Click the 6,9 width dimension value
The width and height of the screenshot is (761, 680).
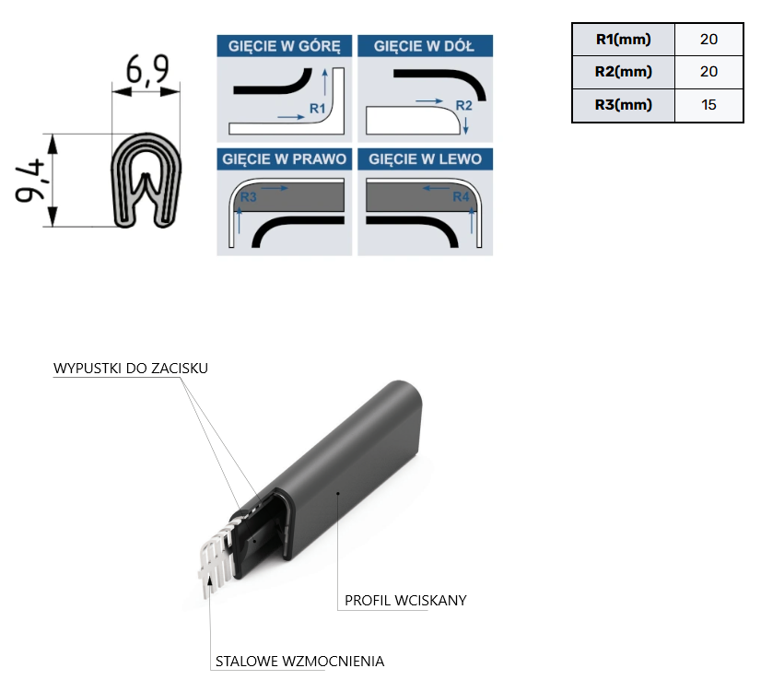(147, 70)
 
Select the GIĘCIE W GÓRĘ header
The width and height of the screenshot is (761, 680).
(285, 46)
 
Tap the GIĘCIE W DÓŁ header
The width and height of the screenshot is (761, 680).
(425, 46)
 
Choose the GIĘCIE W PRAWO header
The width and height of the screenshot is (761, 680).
(285, 159)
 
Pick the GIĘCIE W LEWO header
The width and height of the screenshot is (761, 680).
(425, 159)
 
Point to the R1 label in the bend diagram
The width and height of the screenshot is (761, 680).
(317, 108)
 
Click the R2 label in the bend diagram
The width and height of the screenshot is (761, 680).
(463, 105)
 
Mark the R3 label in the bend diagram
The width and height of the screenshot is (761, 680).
(248, 197)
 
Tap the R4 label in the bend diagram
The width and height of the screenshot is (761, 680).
(461, 196)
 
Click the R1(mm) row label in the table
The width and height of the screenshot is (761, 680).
(623, 40)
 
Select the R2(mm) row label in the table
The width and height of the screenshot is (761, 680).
(623, 72)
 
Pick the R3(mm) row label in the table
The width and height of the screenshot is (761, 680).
(623, 105)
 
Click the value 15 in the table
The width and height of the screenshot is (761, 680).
(708, 105)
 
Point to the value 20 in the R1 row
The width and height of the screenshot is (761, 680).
(708, 40)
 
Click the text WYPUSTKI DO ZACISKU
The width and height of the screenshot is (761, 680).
(131, 369)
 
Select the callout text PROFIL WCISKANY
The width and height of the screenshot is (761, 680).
(405, 601)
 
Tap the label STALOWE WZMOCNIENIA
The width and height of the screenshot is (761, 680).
(299, 661)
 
